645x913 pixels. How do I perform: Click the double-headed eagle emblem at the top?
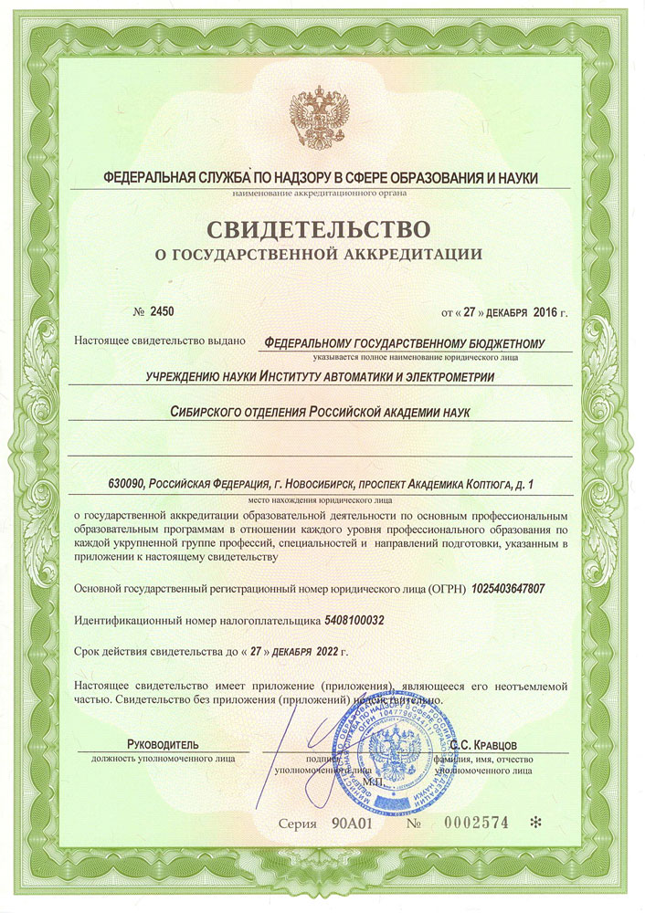click(x=321, y=120)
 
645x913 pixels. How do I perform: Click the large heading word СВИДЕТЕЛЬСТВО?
click(x=322, y=224)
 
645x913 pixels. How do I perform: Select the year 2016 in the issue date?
click(x=543, y=312)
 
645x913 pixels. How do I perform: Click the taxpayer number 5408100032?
click(x=354, y=621)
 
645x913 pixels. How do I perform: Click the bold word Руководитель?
click(x=163, y=744)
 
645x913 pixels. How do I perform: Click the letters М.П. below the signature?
click(x=372, y=782)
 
